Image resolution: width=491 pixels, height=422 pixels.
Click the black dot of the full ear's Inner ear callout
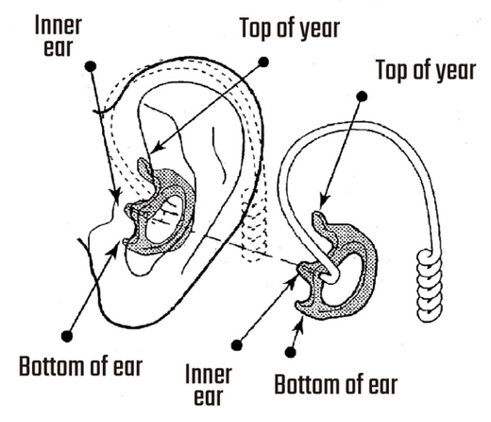[x=90, y=65]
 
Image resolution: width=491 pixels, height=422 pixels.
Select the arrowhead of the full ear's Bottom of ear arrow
[x=120, y=244]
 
